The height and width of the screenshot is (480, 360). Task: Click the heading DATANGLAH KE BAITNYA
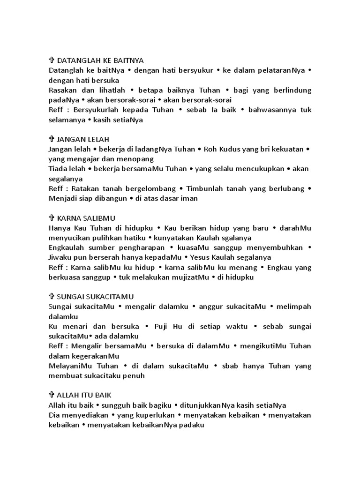coord(100,60)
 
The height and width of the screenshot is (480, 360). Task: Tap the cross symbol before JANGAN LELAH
coord(52,139)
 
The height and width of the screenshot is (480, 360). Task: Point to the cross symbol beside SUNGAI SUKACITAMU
coord(52,297)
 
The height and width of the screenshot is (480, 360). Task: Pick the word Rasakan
coord(62,90)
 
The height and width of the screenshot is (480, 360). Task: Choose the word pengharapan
coord(139,247)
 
